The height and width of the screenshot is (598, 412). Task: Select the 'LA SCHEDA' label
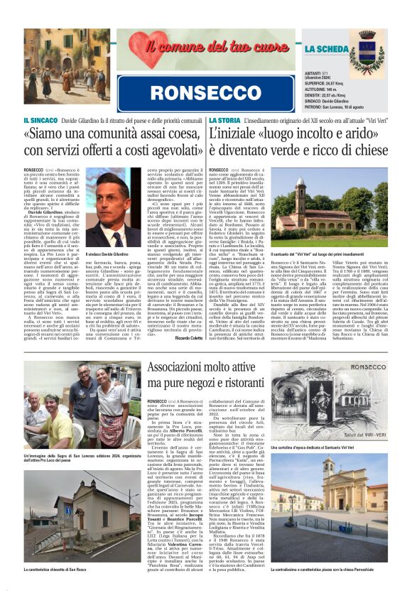326,49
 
